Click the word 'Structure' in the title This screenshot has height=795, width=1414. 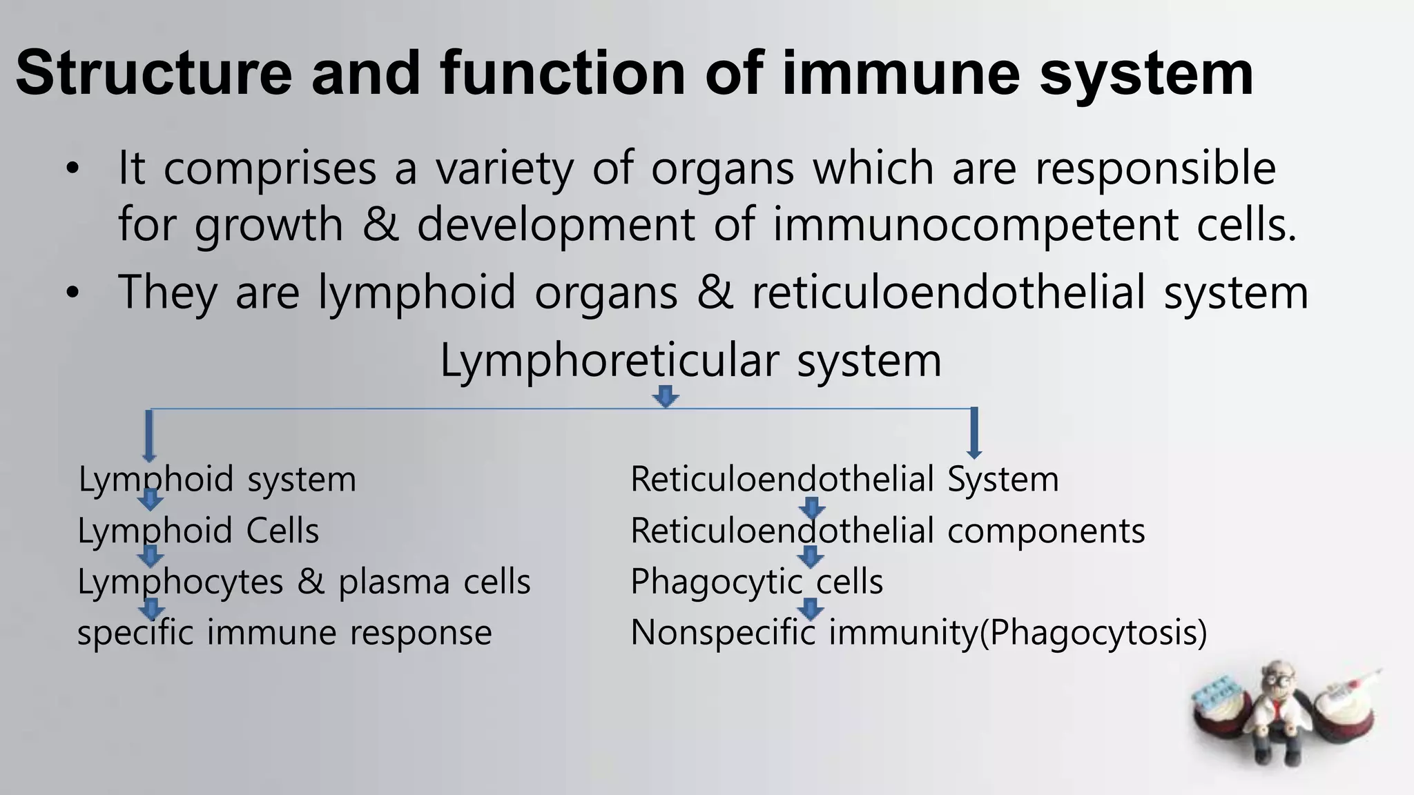pos(154,73)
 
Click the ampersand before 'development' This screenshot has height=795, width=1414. pos(380,225)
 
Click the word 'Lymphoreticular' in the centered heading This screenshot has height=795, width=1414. pos(610,361)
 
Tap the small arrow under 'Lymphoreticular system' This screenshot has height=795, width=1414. pos(666,397)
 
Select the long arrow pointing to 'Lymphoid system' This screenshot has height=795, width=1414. pos(149,435)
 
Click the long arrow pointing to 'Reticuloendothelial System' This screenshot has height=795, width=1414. pos(974,433)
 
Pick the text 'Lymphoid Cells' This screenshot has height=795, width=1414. pos(198,531)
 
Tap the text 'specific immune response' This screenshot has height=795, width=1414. pos(284,633)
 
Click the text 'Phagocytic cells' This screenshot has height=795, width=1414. pos(757,582)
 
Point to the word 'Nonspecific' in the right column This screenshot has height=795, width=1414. pos(723,633)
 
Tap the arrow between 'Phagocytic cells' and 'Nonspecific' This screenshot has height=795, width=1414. pos(811,609)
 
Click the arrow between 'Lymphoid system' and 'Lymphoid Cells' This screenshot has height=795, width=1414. pos(151,500)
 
